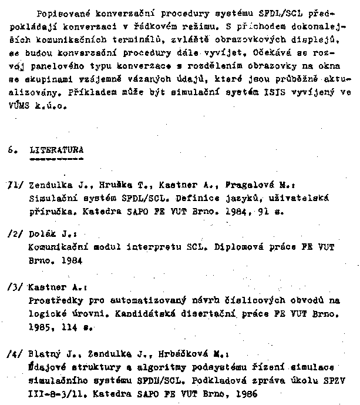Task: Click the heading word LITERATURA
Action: point(56,149)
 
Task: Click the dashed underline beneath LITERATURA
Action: point(56,159)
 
